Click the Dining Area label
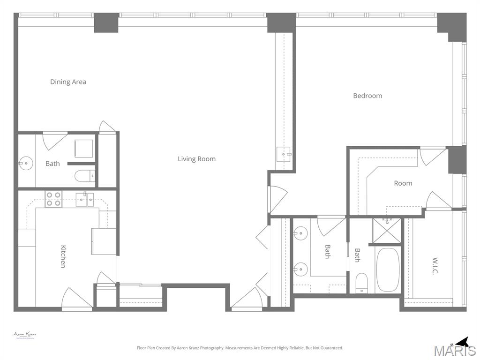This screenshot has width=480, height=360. click(68, 82)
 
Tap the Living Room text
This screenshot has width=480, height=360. click(196, 159)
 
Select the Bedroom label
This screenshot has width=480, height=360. click(367, 96)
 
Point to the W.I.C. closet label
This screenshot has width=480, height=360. click(435, 266)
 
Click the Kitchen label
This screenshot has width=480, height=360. click(63, 256)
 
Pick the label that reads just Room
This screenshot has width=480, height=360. click(403, 183)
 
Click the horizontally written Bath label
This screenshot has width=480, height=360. click(52, 164)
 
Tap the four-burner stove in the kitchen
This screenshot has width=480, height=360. click(53, 199)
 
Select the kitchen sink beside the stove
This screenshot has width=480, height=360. click(85, 199)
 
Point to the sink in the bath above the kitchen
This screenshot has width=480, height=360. click(25, 164)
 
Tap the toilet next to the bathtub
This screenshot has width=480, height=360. click(361, 283)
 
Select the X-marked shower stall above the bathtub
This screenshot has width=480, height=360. click(387, 230)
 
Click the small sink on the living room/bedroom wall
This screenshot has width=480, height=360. click(284, 154)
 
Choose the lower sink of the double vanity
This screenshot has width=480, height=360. click(300, 269)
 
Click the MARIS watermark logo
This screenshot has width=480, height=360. click(454, 351)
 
